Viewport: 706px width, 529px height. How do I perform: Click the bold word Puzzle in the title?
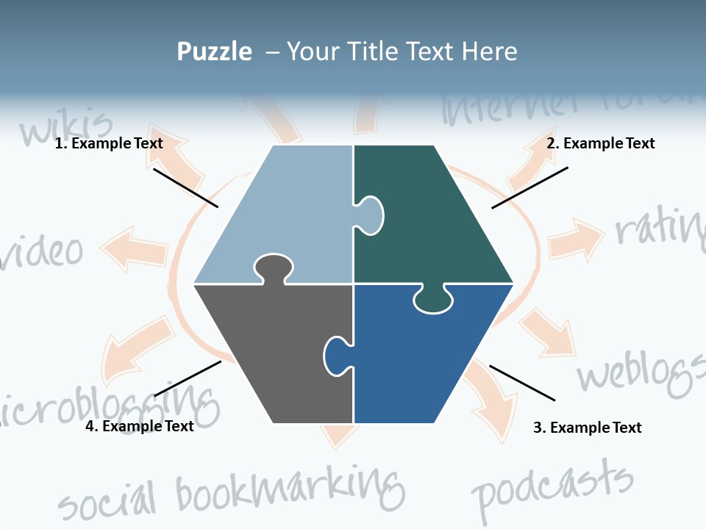(214, 52)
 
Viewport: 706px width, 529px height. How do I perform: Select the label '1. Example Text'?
(109, 144)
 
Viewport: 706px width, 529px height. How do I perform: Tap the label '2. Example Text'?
(600, 144)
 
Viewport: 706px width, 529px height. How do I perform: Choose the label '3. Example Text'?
(587, 428)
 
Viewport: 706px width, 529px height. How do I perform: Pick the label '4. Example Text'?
(140, 426)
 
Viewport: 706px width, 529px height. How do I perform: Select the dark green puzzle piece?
(434, 220)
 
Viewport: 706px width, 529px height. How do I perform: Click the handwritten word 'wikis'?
(66, 126)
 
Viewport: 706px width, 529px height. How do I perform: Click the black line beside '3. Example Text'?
(522, 383)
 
